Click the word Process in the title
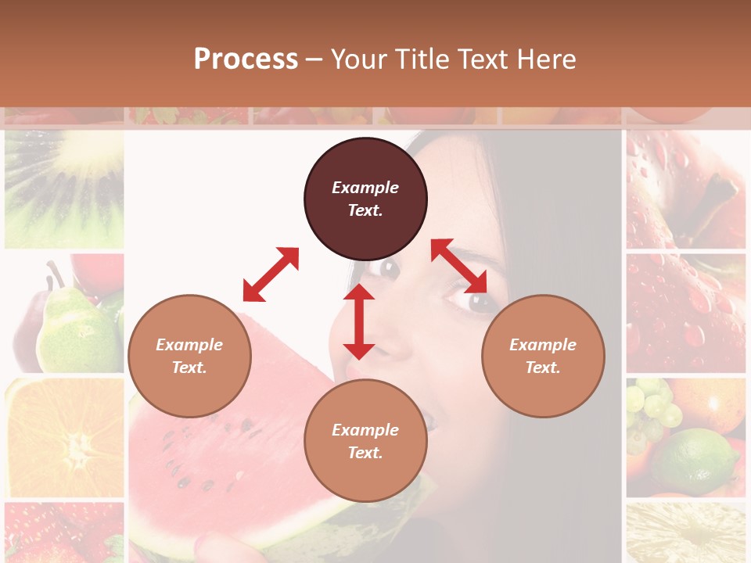pos(246,59)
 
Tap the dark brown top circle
pos(365,199)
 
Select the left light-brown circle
pos(189,356)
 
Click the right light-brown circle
pos(543,356)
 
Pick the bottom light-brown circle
pos(365,441)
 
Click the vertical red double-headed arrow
pos(359,321)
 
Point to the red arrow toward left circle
pos(271,274)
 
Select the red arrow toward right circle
pos(459,266)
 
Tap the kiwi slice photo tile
pos(64,188)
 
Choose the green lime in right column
pos(696,461)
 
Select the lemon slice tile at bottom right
pos(685,533)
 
